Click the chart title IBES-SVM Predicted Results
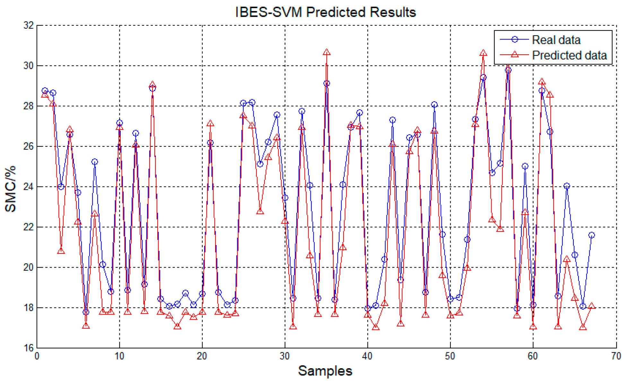[x=326, y=12]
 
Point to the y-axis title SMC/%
[x=11, y=189]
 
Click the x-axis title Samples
[x=325, y=371]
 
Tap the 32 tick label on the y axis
[x=29, y=25]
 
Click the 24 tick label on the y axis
[x=29, y=187]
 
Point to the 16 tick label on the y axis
[x=29, y=348]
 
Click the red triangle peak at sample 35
[x=327, y=52]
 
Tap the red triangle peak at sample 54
[x=483, y=53]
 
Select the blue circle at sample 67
[x=591, y=235]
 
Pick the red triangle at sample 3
[x=61, y=251]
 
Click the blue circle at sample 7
[x=94, y=162]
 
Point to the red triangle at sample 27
[x=260, y=211]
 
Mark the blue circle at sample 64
[x=567, y=186]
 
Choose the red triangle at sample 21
[x=210, y=123]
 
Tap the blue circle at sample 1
[x=45, y=91]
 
